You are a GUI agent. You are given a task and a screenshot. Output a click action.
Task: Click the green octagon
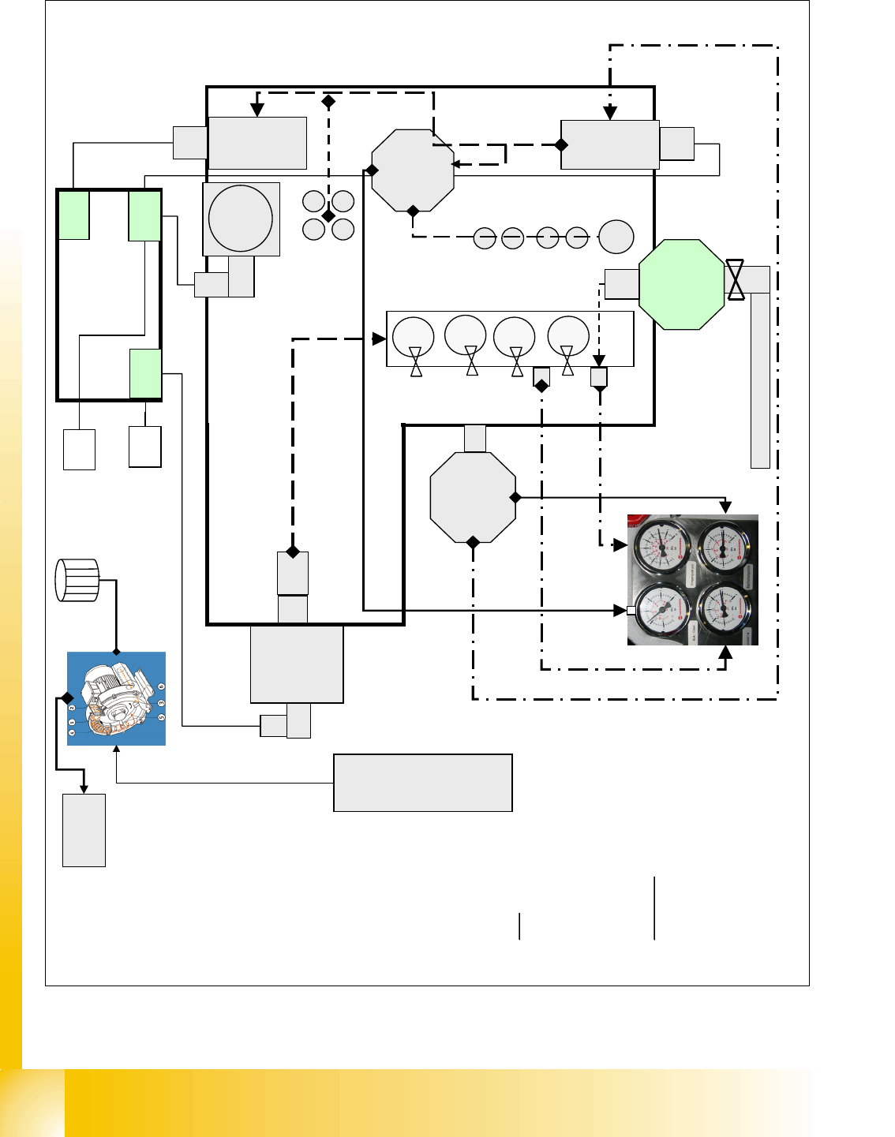681,285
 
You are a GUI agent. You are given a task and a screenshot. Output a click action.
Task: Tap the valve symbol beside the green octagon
736,279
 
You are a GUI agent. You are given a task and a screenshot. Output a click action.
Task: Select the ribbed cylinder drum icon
77,580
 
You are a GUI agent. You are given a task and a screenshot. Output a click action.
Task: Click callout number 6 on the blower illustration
161,687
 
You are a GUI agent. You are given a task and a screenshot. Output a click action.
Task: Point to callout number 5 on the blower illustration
161,717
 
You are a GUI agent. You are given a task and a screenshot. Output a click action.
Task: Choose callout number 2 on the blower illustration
72,709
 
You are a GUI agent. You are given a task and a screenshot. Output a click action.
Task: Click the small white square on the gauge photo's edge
631,610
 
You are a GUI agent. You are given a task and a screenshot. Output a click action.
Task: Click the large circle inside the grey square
241,219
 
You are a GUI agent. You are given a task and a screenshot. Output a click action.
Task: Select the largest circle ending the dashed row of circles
616,237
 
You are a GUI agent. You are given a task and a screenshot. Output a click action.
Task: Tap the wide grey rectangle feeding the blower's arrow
423,783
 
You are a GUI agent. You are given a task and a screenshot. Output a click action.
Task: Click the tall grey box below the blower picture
84,830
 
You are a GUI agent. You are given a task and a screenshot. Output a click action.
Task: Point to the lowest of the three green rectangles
146,373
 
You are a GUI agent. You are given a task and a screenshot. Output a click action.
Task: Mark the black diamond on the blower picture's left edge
67,698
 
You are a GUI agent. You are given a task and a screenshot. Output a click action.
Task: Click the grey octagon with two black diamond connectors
473,497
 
